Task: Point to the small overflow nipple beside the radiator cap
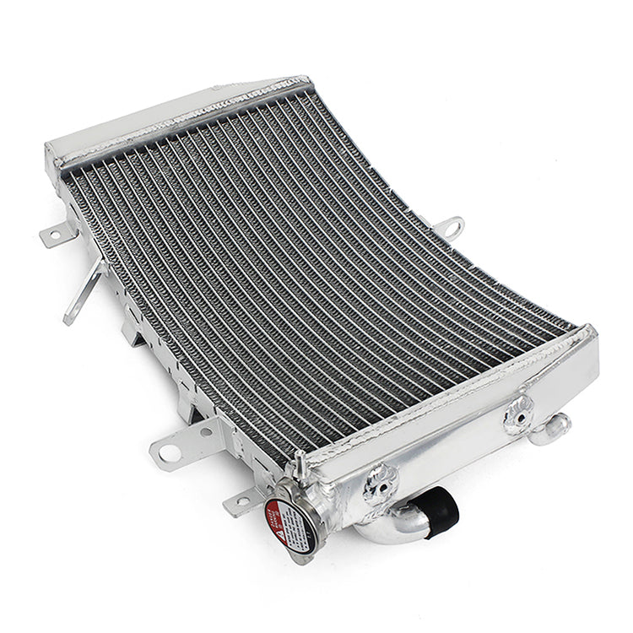tap(299, 463)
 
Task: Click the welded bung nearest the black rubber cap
tap(380, 482)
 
